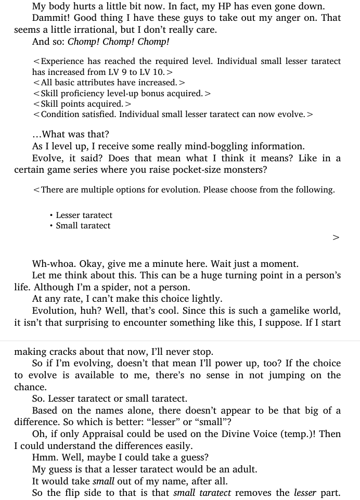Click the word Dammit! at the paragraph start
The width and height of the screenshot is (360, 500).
tap(50, 18)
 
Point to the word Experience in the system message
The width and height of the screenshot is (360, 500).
tap(64, 61)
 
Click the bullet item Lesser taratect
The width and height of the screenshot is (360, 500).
tap(84, 215)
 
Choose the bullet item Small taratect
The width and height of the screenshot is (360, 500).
tap(83, 226)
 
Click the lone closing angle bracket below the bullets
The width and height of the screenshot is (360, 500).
tap(336, 238)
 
